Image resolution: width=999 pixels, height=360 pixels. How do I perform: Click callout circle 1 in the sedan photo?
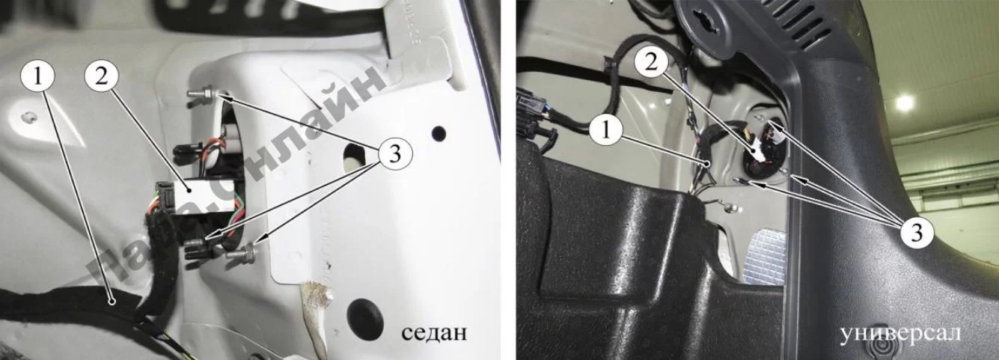(37, 77)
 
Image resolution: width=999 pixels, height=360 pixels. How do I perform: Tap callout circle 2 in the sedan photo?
(101, 77)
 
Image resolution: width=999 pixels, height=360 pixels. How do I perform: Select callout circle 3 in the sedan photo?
(395, 154)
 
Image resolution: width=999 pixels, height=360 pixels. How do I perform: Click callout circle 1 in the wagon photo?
(605, 129)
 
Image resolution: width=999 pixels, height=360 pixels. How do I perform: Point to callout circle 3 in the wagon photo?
(916, 232)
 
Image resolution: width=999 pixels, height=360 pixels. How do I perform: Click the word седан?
(434, 332)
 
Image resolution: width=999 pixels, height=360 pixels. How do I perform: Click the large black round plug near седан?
(365, 318)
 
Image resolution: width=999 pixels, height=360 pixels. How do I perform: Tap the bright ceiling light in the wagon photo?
(905, 103)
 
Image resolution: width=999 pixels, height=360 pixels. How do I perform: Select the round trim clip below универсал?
(879, 348)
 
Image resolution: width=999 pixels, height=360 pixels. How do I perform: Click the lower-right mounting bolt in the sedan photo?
(242, 254)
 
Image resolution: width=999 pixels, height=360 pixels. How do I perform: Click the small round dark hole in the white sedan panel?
(439, 132)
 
